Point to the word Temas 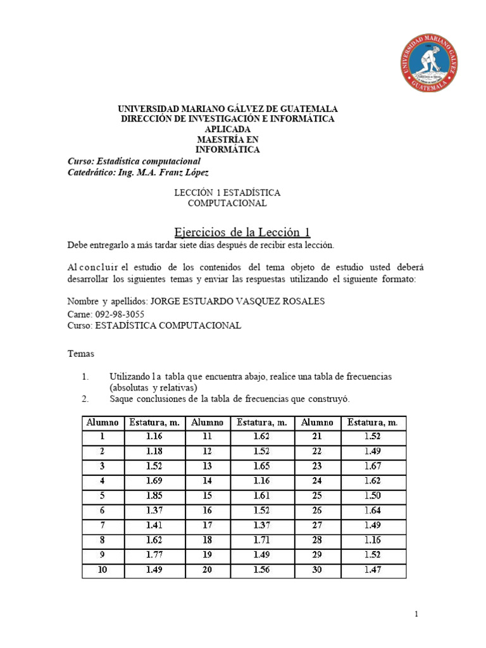(x=80, y=354)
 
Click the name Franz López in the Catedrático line (x=184, y=172)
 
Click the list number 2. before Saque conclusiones (x=86, y=399)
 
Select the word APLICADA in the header (x=228, y=129)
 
